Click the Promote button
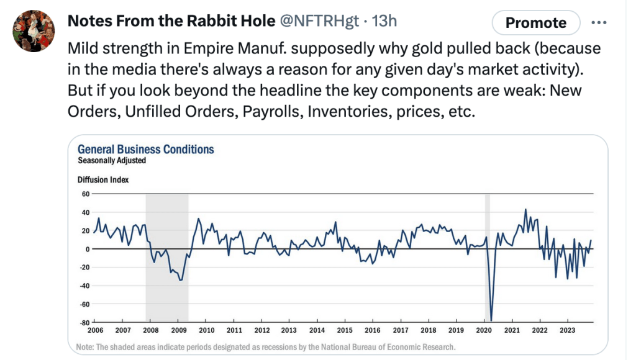[535, 23]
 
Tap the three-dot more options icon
[599, 23]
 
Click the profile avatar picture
[31, 31]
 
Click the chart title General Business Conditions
[145, 150]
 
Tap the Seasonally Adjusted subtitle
[112, 160]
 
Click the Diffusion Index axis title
[103, 180]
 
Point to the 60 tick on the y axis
[86, 194]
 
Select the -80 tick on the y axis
[84, 323]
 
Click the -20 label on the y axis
[84, 268]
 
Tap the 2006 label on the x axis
[96, 330]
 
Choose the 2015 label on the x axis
[345, 330]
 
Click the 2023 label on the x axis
[566, 330]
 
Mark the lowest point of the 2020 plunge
[491, 320]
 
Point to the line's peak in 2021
[525, 210]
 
